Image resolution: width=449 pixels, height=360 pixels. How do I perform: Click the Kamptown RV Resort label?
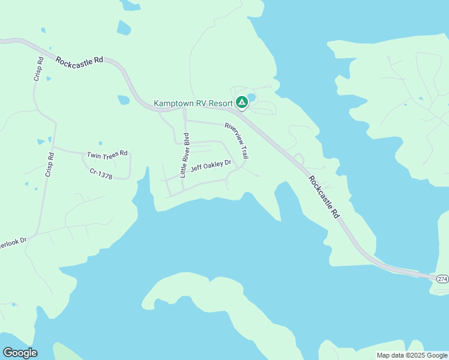coord(193,103)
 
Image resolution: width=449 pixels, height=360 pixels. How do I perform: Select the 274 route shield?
coord(442,279)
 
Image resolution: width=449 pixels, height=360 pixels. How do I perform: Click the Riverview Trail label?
coord(237,141)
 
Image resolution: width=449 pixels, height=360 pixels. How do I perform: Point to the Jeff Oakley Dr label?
coord(211,166)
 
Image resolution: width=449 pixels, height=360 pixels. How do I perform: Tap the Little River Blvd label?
coord(185,155)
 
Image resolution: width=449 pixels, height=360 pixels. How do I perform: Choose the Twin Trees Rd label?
coord(107,154)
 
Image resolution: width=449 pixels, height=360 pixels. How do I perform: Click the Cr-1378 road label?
coord(101,172)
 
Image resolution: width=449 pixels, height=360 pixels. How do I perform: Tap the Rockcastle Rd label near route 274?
coord(324,196)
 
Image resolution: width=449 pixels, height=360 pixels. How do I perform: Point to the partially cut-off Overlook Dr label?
coord(14,241)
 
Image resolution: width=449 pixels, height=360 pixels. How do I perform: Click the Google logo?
coord(20,353)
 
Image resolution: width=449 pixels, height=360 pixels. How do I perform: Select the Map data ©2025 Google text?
coord(412,355)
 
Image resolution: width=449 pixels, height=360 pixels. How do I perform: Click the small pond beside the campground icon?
coord(252,97)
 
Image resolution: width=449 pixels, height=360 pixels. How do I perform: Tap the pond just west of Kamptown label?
coord(124,100)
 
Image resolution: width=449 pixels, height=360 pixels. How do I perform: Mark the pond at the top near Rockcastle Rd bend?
coord(124,28)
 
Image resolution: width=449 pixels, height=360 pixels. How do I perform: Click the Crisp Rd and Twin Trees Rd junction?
coord(53,147)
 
